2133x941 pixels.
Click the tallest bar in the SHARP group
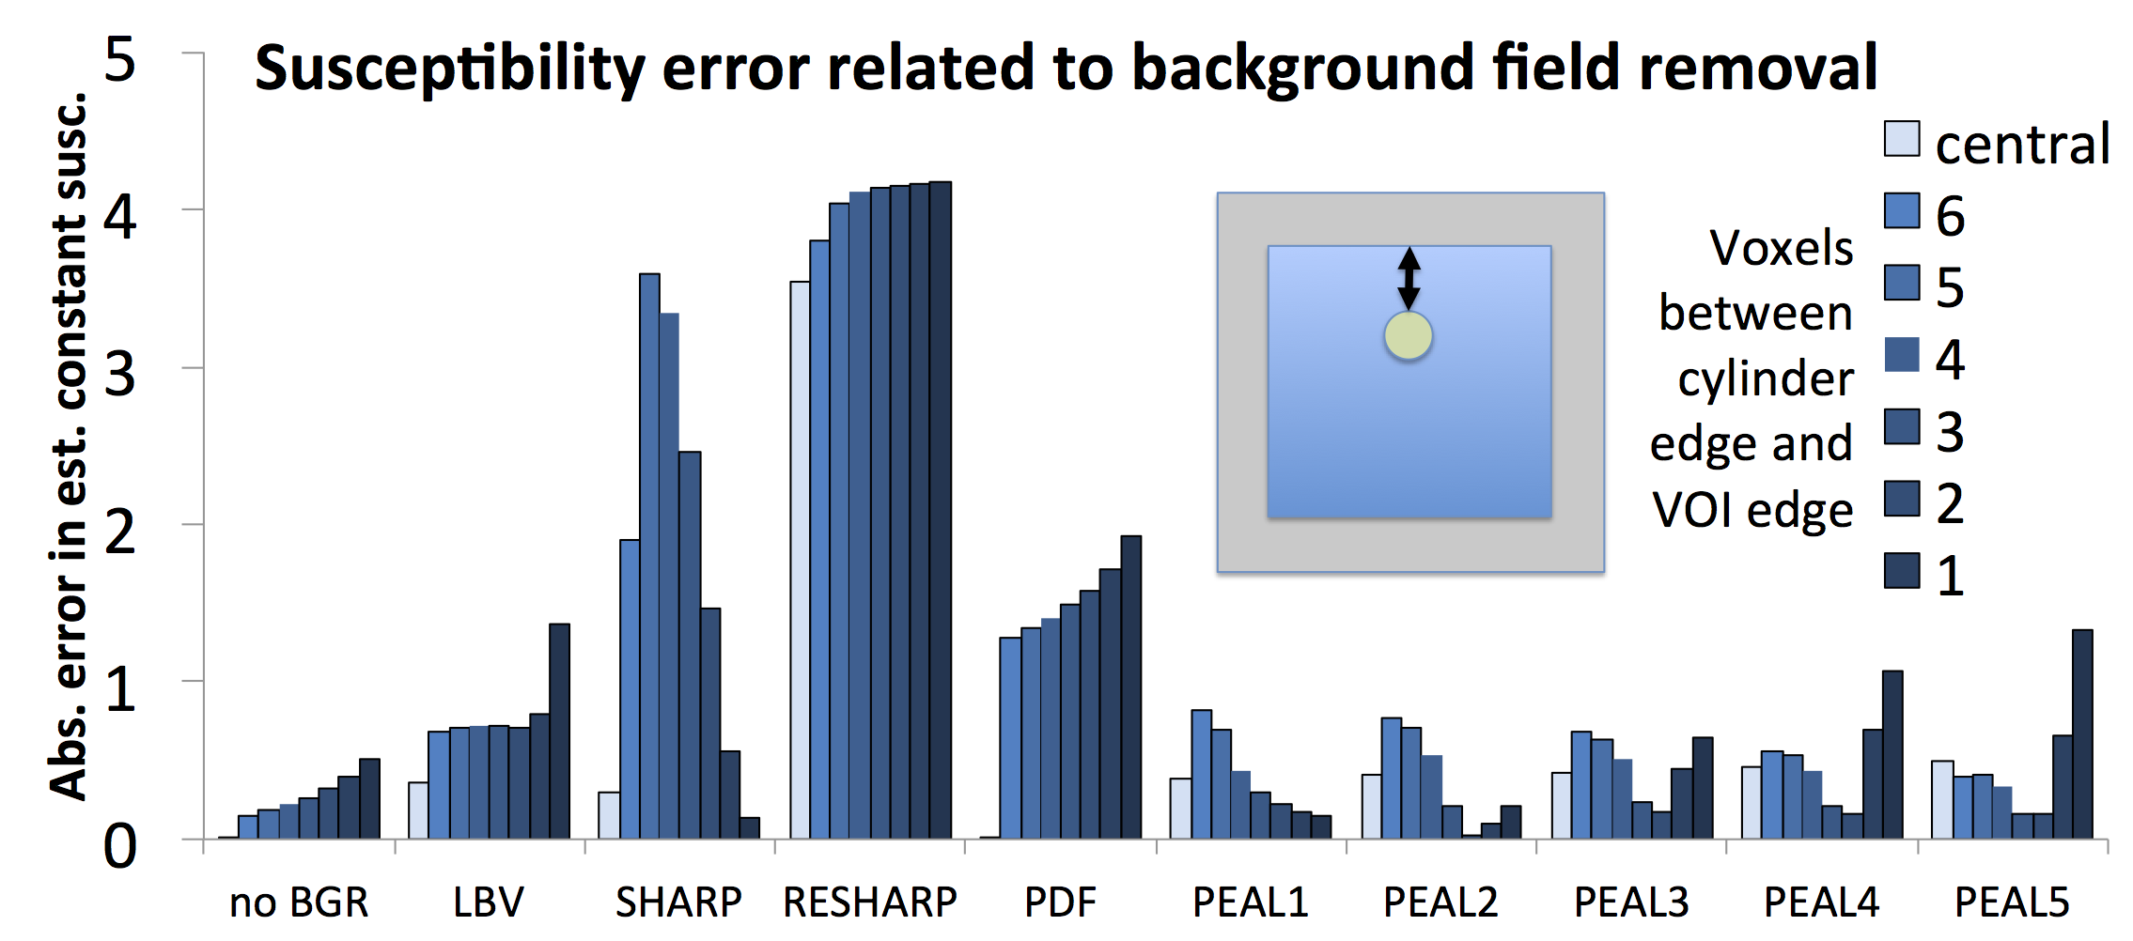(649, 556)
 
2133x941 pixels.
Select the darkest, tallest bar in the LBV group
(559, 731)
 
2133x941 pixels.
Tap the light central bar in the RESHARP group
(800, 560)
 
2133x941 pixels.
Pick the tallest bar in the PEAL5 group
(2082, 733)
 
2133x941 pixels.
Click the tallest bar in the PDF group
(1131, 686)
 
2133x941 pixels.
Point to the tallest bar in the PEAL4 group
(1892, 754)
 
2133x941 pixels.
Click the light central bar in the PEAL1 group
(1180, 808)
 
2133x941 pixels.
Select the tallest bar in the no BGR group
(369, 798)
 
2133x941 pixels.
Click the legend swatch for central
(1902, 139)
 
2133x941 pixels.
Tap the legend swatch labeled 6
(1902, 210)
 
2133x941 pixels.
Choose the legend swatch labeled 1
(1902, 571)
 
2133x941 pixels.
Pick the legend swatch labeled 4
(1902, 354)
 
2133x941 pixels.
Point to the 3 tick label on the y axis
(120, 375)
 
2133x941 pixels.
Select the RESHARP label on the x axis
(870, 902)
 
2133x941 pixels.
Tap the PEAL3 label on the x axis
(1631, 902)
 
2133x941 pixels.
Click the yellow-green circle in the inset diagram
(1409, 335)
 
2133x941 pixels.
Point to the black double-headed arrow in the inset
(1409, 278)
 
